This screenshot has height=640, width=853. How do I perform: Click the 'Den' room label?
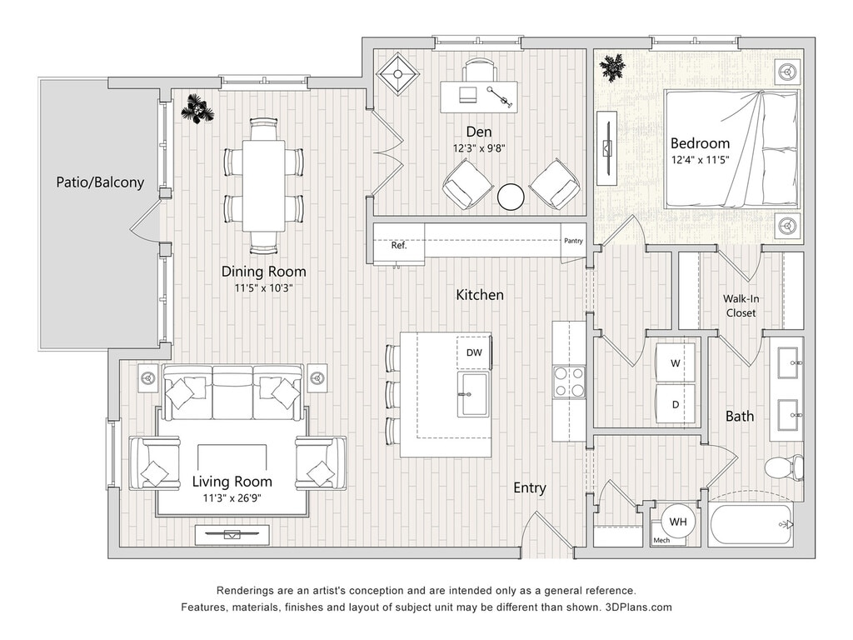(479, 132)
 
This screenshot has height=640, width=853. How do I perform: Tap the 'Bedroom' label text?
(700, 143)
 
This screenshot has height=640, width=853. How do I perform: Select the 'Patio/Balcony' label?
(100, 182)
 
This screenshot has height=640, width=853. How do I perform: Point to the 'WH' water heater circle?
(678, 522)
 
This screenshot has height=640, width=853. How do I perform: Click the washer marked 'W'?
(675, 363)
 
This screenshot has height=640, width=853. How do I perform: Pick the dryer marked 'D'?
(675, 404)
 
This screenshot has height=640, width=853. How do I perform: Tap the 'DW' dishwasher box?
(474, 352)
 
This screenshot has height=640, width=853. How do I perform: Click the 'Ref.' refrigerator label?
(399, 246)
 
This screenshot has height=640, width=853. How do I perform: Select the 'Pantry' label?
(573, 241)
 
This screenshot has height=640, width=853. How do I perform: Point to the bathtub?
(751, 525)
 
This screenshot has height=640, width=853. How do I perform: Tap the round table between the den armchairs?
(511, 197)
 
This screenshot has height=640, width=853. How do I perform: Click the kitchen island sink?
(473, 394)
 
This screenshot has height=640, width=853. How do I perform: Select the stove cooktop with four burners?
(569, 382)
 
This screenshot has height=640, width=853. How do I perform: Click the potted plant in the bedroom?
(612, 68)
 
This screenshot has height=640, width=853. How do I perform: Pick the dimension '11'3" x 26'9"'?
(232, 497)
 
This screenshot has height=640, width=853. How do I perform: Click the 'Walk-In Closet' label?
(741, 306)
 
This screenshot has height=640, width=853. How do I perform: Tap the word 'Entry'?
(529, 488)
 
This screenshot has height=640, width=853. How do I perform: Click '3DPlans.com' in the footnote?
(638, 607)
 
